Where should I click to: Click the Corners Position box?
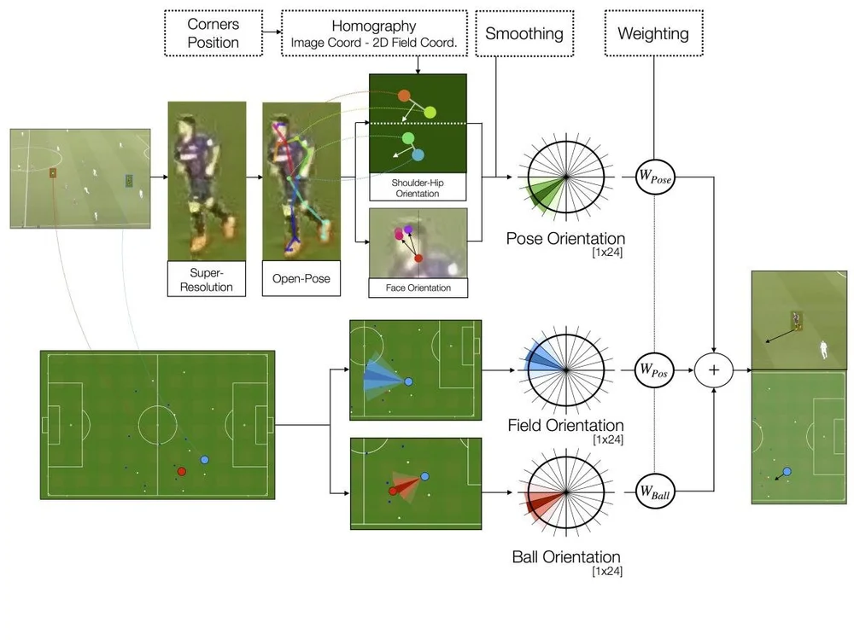coord(213,33)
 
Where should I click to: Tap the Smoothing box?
coord(524,33)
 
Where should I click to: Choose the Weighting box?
coord(652,33)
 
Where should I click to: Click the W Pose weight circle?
coord(656,177)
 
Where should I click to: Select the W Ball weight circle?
coord(656,491)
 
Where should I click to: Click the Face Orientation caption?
coord(418,288)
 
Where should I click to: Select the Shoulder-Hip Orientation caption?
coord(418,188)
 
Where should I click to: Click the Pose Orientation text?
coord(565,239)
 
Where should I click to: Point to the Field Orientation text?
coord(565,425)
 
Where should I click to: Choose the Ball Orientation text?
coord(565,557)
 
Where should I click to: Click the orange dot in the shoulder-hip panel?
coord(404,96)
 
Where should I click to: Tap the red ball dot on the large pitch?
coord(181,470)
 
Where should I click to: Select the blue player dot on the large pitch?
coord(204,460)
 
